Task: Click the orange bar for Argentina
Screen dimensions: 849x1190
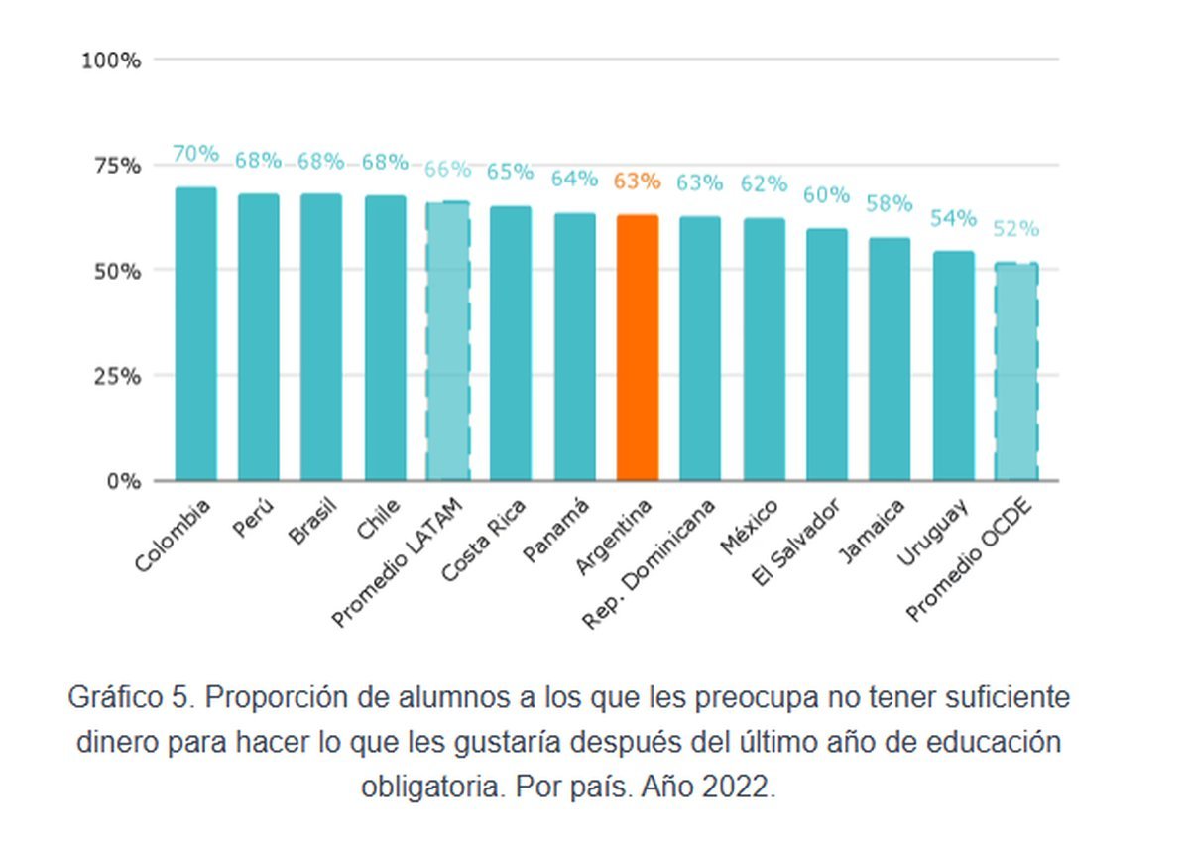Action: tap(637, 348)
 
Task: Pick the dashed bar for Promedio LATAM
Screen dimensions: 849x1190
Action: tap(447, 341)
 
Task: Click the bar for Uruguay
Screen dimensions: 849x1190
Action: tap(953, 366)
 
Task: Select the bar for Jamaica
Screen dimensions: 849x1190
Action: tap(890, 359)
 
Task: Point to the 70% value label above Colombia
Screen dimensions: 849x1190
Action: tap(195, 154)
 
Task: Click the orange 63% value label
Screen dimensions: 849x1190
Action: tap(637, 182)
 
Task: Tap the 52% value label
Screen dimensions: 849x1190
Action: tap(1015, 229)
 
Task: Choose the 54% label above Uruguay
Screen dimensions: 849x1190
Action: tap(953, 218)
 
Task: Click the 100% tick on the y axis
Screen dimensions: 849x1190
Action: tap(111, 61)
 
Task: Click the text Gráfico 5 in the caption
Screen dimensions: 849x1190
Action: tap(125, 697)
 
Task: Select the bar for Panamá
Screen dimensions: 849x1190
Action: tap(574, 347)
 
